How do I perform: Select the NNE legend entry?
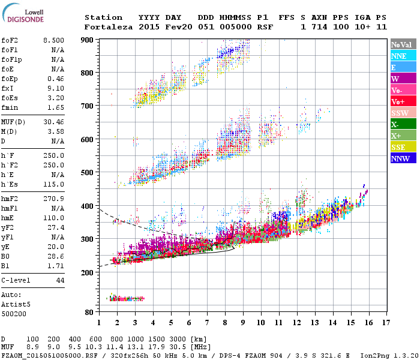pos(403,56)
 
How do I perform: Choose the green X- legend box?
pos(403,124)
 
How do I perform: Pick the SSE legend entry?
pos(403,147)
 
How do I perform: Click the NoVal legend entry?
pos(403,44)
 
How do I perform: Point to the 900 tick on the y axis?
pos(88,40)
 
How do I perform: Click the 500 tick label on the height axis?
pos(88,173)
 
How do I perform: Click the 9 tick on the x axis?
pos(243,323)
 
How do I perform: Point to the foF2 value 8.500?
pos(53,40)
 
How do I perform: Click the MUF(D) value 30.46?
pos(53,122)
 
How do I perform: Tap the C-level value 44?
pos(60,280)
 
